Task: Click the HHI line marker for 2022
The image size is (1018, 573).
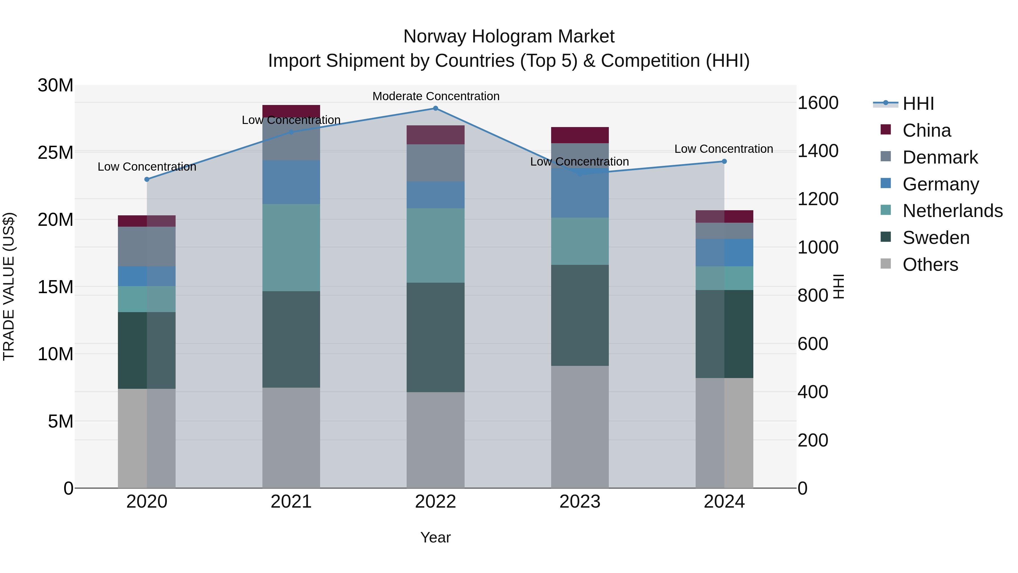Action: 435,108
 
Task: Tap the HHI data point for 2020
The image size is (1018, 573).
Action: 147,179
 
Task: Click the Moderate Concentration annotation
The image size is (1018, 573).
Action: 435,96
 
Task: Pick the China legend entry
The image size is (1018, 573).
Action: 926,130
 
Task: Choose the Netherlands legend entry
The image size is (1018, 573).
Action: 952,211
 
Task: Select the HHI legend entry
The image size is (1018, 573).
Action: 918,104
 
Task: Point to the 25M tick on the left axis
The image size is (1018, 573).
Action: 55,153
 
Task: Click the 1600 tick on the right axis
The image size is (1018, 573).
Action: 818,103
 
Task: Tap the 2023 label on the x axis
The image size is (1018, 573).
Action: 580,502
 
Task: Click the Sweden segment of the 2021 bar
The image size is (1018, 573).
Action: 291,339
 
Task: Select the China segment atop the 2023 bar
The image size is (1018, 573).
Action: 580,135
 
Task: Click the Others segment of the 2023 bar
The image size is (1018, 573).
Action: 580,427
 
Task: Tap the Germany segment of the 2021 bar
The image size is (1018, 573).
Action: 291,182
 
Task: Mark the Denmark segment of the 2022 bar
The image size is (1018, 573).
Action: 435,163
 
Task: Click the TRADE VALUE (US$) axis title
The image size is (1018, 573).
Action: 9,286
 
